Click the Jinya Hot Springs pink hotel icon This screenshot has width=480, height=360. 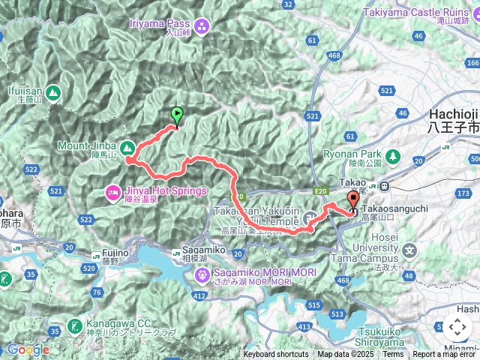pos(112,191)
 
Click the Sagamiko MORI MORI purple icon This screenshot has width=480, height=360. pos(202,276)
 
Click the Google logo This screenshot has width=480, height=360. pos(28,349)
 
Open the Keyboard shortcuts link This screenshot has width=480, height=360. pos(275,355)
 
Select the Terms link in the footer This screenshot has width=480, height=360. pos(393,355)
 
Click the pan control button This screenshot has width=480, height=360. pos(457,327)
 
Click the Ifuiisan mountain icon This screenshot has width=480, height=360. pos(52,93)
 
